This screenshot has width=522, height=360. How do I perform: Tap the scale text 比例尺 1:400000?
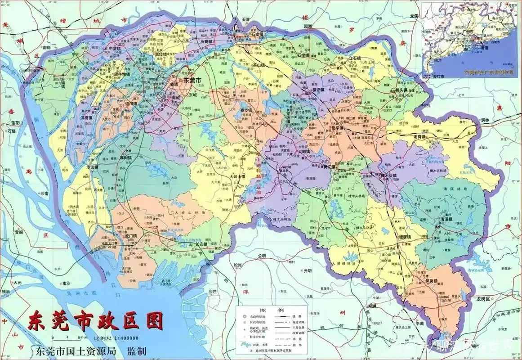[x=116, y=338]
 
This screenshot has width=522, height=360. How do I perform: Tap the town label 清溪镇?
[x=447, y=219]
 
